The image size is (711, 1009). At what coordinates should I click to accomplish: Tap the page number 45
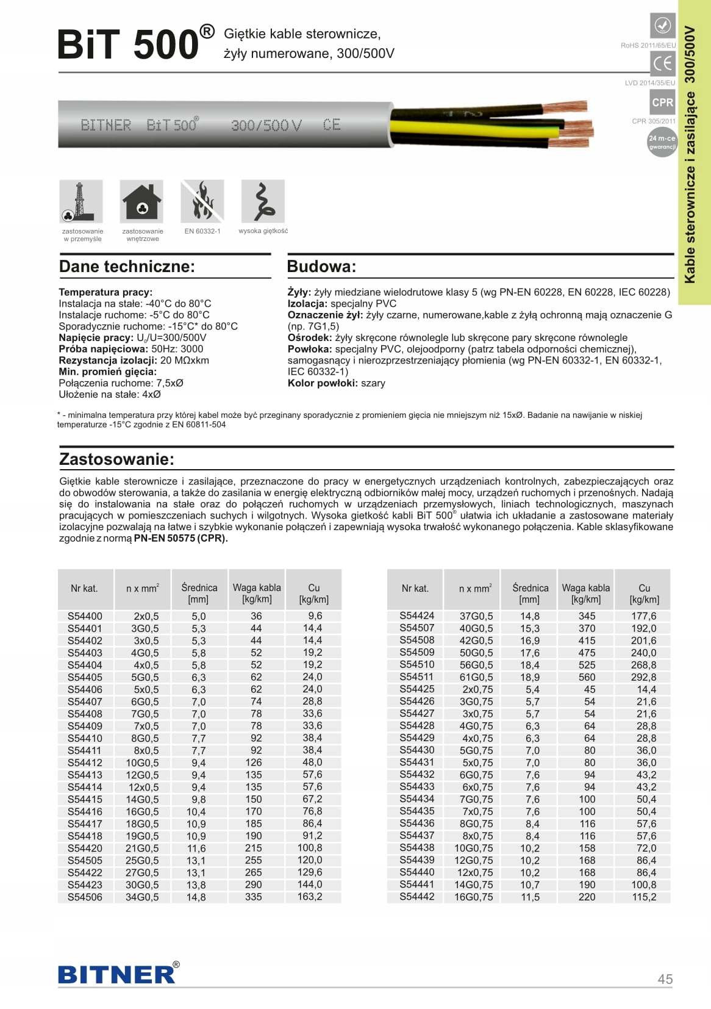pos(665,979)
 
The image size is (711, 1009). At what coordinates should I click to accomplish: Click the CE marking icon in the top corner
pos(662,63)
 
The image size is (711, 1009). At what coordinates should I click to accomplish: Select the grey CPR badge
pos(662,102)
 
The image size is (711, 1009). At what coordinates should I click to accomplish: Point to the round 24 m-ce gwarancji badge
pos(662,142)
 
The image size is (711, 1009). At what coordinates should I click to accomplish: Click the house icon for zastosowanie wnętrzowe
pos(141,201)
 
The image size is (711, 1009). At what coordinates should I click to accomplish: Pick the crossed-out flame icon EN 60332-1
pos(202,201)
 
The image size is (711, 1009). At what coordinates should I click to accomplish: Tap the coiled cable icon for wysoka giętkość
pos(263,201)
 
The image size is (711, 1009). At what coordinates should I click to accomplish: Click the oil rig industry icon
pos(81,201)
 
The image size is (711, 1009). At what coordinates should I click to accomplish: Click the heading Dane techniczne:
pos(127,267)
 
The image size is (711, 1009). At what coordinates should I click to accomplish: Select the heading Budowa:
pos(321,267)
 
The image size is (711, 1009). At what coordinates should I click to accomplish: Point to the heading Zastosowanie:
pos(116,459)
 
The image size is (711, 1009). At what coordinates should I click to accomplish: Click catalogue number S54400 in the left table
pos(85,616)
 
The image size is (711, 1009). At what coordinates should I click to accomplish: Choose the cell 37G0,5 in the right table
pos(476,616)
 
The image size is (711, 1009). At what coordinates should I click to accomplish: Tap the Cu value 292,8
pos(643,677)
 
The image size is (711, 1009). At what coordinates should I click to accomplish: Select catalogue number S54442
pos(417,897)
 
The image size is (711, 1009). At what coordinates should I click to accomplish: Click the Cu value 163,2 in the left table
pos(310,897)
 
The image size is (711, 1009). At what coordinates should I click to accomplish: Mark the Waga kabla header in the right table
pos(585,594)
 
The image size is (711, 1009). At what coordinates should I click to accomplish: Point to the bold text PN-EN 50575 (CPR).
pos(180,538)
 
